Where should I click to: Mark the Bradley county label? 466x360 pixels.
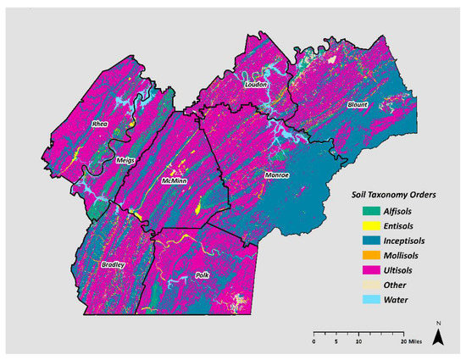coord(114,265)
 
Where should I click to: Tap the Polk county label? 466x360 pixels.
coord(202,276)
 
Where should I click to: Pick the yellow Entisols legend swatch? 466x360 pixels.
coord(346,227)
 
